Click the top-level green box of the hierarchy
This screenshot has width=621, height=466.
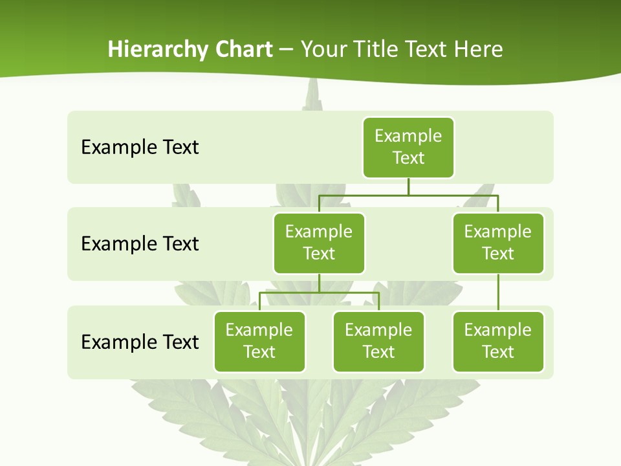pos(408,147)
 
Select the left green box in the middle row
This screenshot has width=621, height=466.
pos(319,243)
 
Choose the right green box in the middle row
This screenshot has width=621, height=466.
pos(498,243)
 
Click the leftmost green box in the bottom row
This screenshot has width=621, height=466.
pos(259,341)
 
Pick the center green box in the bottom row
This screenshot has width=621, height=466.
pos(378,341)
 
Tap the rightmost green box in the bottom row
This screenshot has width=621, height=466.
pos(498,341)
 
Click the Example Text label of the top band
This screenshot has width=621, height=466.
pos(140,147)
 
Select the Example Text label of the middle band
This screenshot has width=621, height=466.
pos(140,243)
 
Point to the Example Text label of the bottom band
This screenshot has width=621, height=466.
pos(140,341)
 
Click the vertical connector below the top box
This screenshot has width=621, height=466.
pos(408,186)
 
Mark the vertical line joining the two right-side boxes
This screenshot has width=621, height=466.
pos(498,293)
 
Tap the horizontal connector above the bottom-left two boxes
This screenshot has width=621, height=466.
pos(319,293)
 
